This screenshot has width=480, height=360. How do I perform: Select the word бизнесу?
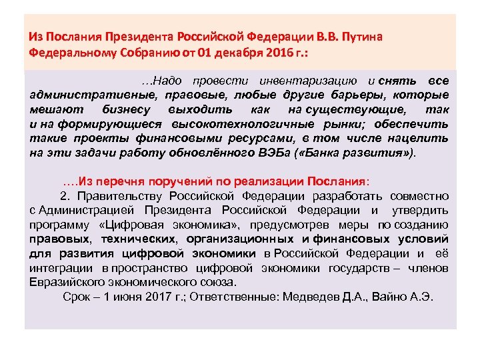pyautogui.click(x=129, y=109)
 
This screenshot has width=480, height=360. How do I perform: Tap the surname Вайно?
pyautogui.click(x=392, y=297)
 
